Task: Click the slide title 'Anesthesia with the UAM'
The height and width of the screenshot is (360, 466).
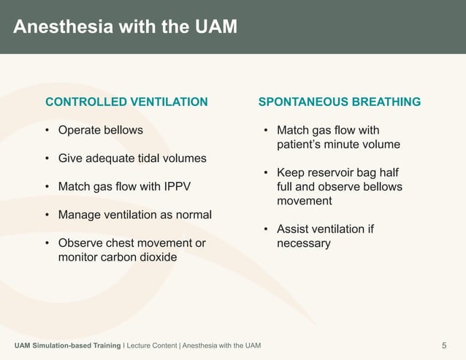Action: (x=126, y=27)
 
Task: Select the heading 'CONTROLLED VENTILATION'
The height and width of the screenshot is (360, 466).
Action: (x=126, y=102)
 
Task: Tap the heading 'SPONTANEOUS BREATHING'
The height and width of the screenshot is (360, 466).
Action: (x=339, y=102)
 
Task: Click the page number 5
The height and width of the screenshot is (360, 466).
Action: (x=444, y=345)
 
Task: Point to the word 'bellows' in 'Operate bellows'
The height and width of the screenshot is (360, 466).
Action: (x=123, y=131)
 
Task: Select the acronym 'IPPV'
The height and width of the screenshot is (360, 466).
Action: (x=176, y=186)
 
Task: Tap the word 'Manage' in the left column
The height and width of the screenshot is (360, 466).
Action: (x=78, y=215)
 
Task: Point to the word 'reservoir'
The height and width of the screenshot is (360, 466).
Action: (x=329, y=173)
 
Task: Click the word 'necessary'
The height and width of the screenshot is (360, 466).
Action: (x=303, y=243)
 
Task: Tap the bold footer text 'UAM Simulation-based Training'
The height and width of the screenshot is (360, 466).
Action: (x=67, y=345)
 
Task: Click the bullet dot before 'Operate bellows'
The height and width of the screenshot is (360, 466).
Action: (x=47, y=131)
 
